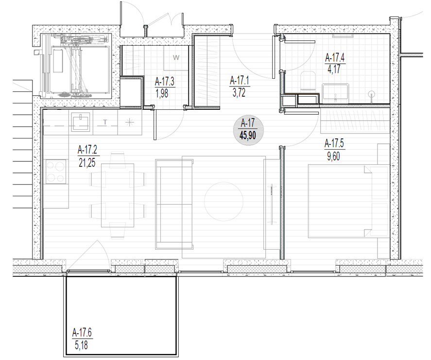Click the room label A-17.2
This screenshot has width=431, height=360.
[x=87, y=151]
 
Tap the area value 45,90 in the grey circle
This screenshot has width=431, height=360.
[x=248, y=136]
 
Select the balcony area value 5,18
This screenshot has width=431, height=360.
[x=81, y=345]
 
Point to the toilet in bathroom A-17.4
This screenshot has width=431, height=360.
[x=308, y=81]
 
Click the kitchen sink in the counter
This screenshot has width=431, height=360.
[x=81, y=122]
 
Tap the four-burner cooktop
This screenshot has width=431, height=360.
[x=56, y=171]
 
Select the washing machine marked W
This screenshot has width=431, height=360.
[x=176, y=58]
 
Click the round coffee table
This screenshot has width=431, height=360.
[x=224, y=202]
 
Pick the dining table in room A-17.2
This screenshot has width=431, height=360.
[x=118, y=195]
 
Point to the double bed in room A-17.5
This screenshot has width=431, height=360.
[x=348, y=201]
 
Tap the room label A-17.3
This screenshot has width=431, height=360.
[x=165, y=82]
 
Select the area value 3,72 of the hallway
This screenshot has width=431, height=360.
[x=239, y=93]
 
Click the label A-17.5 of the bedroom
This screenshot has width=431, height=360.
[x=334, y=143]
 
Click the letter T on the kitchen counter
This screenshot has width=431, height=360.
[x=105, y=122]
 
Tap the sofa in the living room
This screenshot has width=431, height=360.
[x=174, y=204]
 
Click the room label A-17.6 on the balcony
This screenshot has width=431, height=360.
[x=82, y=333]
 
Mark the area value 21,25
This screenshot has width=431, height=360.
[x=87, y=163]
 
